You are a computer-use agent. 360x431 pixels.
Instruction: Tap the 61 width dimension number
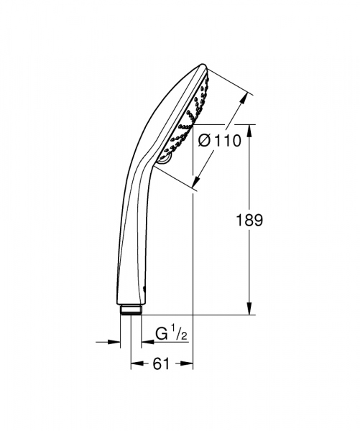pyautogui.click(x=161, y=364)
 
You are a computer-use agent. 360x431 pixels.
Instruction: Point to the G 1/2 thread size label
pyautogui.click(x=170, y=333)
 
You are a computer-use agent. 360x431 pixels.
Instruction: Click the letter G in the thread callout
pyautogui.click(x=162, y=333)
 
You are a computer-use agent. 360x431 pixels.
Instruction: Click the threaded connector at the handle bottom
pyautogui.click(x=131, y=309)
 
